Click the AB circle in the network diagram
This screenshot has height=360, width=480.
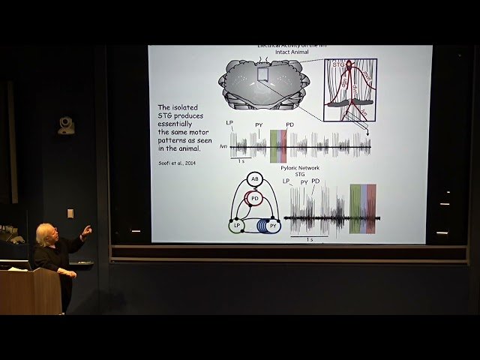pos(254,179)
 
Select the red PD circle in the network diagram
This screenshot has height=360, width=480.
pos(255,199)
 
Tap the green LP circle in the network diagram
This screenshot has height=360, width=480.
pos(236,225)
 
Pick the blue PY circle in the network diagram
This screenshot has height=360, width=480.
pos(272,225)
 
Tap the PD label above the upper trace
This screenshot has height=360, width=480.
pos(289,124)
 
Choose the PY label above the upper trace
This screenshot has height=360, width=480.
pos(259,124)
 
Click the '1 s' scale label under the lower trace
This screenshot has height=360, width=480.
pos(309,239)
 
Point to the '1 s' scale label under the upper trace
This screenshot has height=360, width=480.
pos(240,161)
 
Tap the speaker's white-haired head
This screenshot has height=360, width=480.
pos(46,233)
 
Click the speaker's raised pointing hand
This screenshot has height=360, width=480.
pos(87,230)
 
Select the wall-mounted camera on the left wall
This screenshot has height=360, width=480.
pos(66,125)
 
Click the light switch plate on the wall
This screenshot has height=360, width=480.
pos(70,212)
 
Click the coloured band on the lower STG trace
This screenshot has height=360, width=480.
pos(362,208)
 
